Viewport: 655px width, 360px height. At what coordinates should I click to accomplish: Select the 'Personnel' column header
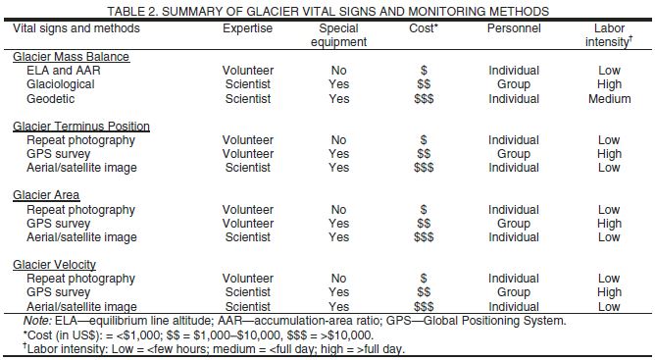(x=514, y=28)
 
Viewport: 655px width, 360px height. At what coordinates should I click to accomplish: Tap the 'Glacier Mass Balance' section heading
(x=71, y=57)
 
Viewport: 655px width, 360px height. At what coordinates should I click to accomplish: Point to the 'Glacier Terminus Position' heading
(x=81, y=127)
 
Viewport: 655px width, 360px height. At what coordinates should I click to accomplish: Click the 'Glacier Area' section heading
(x=46, y=195)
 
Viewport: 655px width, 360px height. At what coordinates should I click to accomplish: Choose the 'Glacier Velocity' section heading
(x=55, y=265)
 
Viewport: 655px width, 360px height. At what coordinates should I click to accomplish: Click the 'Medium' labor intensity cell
(x=609, y=99)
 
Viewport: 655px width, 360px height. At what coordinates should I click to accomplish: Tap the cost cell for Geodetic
(x=424, y=99)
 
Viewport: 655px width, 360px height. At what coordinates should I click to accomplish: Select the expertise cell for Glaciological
(x=247, y=84)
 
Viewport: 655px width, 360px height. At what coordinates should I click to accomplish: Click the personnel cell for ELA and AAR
(x=514, y=71)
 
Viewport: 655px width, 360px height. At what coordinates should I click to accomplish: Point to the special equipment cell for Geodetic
(x=338, y=99)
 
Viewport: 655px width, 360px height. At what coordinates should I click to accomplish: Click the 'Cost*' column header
(x=424, y=28)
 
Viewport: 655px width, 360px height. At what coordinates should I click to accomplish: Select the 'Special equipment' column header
(x=338, y=35)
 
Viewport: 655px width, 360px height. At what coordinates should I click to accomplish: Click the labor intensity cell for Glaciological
(x=609, y=84)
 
